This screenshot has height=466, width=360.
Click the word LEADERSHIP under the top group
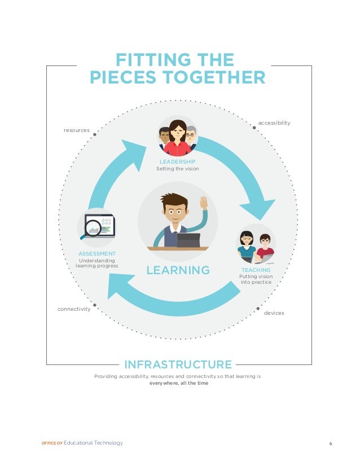click(177, 162)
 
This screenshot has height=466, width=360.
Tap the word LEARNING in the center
click(178, 270)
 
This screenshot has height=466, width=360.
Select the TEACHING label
click(256, 270)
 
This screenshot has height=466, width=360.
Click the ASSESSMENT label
click(97, 254)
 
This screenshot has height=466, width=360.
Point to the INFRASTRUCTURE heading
click(178, 364)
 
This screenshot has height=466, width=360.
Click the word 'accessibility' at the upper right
click(274, 122)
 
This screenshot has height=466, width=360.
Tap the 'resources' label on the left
click(77, 130)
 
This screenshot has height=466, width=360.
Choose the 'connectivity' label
click(74, 309)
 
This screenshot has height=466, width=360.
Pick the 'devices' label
click(274, 313)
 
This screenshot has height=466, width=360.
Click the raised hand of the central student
click(204, 203)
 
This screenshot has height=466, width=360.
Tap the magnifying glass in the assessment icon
click(93, 228)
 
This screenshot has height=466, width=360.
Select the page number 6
click(331, 443)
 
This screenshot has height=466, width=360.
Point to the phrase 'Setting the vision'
click(177, 169)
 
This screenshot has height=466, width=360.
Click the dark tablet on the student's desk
click(188, 240)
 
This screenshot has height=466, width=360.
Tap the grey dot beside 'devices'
click(258, 309)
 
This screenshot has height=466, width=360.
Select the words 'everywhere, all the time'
click(178, 383)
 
